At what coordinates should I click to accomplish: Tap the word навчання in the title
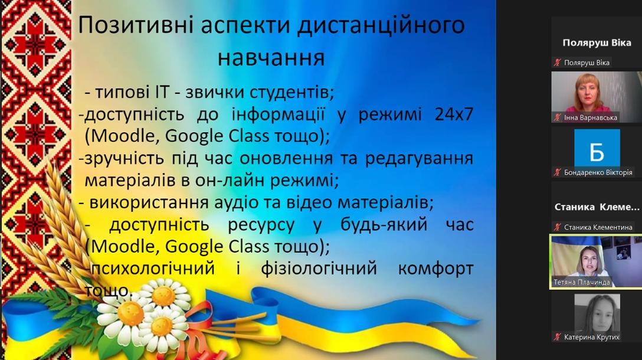271,58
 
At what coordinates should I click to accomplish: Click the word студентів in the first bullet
292,93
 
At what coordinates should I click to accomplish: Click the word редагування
420,159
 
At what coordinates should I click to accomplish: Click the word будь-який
384,225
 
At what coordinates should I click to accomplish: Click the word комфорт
435,269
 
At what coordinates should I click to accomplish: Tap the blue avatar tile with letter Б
597,148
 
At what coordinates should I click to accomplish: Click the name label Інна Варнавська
591,117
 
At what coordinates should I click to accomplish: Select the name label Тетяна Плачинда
582,282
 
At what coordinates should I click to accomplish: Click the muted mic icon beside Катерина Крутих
557,337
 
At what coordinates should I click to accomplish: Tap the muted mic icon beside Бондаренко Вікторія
557,172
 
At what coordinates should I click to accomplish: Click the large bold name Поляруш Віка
597,42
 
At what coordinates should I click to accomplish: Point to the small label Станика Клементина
598,227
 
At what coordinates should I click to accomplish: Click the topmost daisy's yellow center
163,296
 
